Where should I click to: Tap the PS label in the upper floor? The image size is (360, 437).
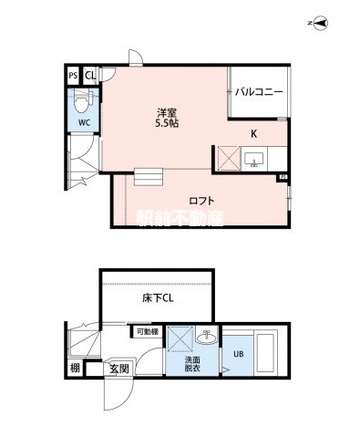(x=73, y=76)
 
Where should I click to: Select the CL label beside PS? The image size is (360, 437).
(x=90, y=76)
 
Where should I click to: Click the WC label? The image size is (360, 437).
(x=82, y=120)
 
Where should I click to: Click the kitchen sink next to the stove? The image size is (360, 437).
(x=253, y=161)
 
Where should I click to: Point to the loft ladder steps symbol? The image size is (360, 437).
(x=148, y=176)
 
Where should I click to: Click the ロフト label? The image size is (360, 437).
(x=201, y=200)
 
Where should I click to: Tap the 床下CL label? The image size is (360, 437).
(x=157, y=298)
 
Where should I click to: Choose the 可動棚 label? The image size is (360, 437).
(x=149, y=332)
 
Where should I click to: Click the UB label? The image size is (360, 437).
(x=239, y=355)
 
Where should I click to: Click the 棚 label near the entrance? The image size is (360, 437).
(x=74, y=369)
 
